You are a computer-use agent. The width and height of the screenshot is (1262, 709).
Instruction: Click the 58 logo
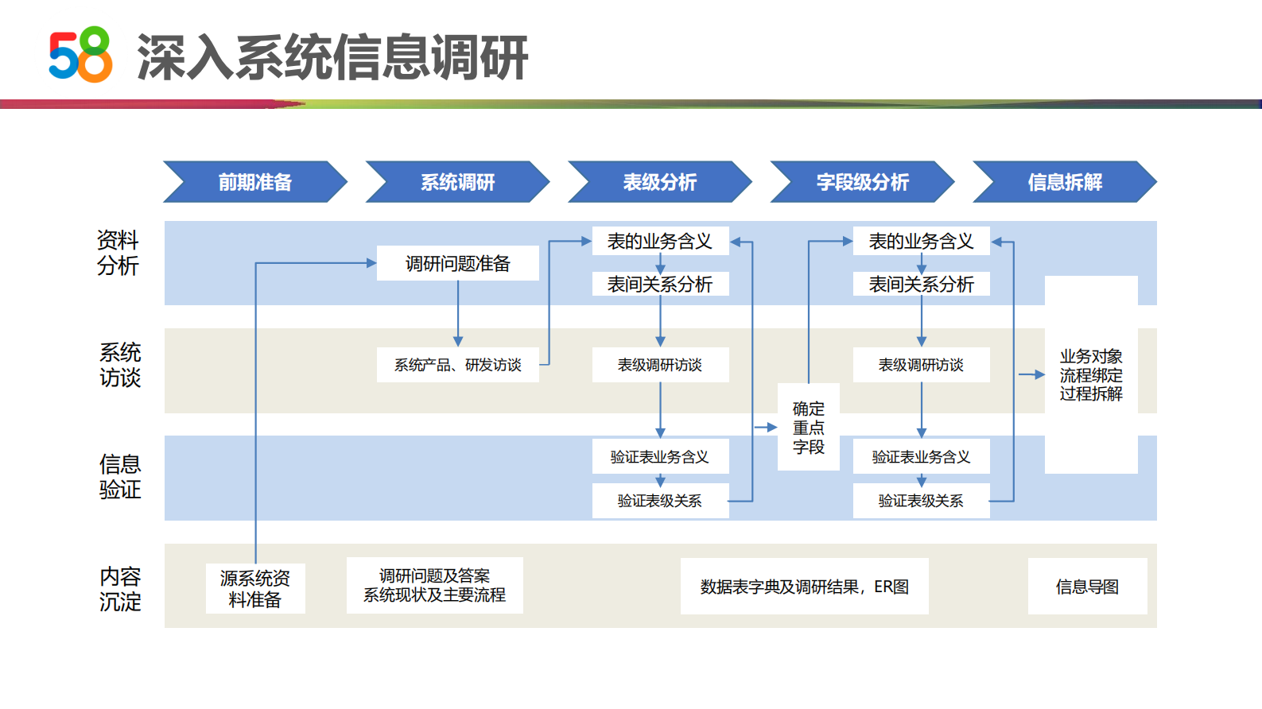point(80,55)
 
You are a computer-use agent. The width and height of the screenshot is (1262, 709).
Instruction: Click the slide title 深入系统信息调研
point(332,57)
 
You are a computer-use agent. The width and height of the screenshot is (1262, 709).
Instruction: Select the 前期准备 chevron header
point(255,182)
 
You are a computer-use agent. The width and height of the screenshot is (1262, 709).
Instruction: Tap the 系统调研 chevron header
point(457,182)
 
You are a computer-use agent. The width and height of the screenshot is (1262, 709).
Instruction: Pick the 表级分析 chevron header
point(659,182)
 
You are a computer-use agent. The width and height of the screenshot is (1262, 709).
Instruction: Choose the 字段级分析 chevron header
point(862,182)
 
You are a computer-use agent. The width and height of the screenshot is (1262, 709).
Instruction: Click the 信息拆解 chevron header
point(1064,182)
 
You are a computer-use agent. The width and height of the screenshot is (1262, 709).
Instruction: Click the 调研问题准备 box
point(457,263)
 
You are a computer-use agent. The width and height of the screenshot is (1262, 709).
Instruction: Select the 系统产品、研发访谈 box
point(457,365)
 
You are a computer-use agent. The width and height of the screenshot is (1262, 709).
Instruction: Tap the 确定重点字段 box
point(808,428)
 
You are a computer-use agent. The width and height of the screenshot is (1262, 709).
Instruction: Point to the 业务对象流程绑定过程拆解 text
point(1091,375)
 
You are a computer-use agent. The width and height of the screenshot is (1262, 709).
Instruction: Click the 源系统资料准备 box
point(254,589)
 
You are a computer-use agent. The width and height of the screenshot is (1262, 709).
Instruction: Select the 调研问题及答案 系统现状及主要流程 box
point(434,586)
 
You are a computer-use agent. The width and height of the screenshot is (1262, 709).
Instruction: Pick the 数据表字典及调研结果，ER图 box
point(804,587)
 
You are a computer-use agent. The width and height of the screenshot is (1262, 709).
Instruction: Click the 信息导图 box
point(1087,587)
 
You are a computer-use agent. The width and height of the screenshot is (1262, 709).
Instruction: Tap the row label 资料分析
point(118,253)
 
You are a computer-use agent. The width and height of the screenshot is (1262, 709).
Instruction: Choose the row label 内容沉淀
point(120,589)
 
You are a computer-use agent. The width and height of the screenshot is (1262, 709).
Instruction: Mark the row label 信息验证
point(120,477)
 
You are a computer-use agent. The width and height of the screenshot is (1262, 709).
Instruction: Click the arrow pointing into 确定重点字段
point(767,428)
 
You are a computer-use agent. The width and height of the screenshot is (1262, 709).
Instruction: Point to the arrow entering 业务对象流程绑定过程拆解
point(1032,374)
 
